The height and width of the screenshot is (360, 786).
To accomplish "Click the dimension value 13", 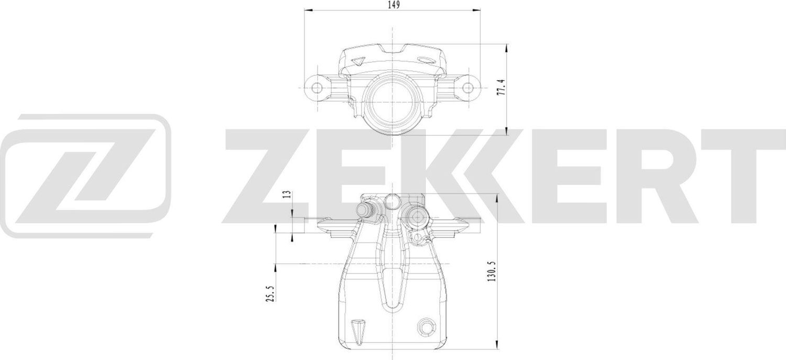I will [286, 195].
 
